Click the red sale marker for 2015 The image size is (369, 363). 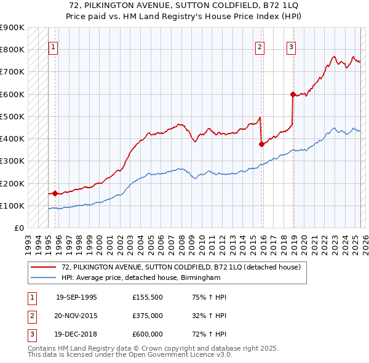click(x=261, y=144)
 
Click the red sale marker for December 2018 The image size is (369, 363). click(x=293, y=94)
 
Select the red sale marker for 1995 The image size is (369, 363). click(x=55, y=193)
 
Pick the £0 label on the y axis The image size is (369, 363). click(x=19, y=228)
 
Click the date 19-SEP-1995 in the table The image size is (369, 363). click(x=76, y=297)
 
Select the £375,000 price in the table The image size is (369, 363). click(x=148, y=316)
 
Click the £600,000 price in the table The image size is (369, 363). click(x=148, y=334)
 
